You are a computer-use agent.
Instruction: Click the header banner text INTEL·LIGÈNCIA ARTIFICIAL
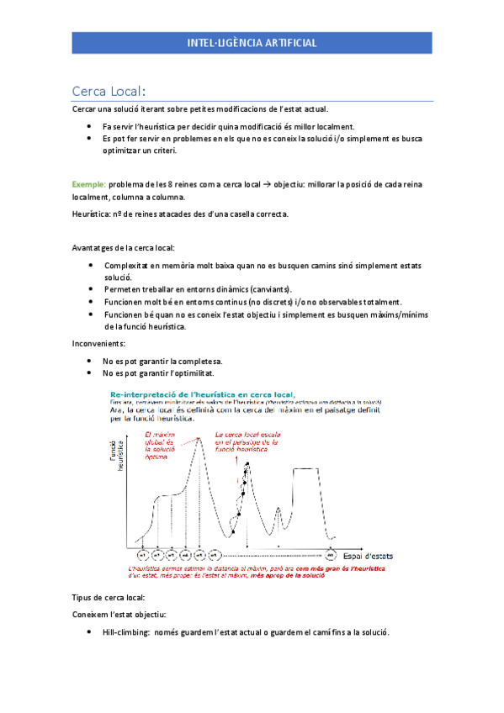[x=252, y=42]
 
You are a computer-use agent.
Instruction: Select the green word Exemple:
[x=88, y=182]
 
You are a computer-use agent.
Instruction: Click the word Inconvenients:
[x=100, y=343]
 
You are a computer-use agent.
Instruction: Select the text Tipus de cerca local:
[x=109, y=596]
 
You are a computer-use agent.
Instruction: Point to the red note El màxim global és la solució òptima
[x=158, y=444]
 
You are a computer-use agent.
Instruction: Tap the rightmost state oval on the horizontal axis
[x=331, y=556]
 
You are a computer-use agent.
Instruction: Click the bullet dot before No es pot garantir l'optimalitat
[x=89, y=372]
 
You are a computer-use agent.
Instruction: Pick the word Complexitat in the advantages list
[x=126, y=265]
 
